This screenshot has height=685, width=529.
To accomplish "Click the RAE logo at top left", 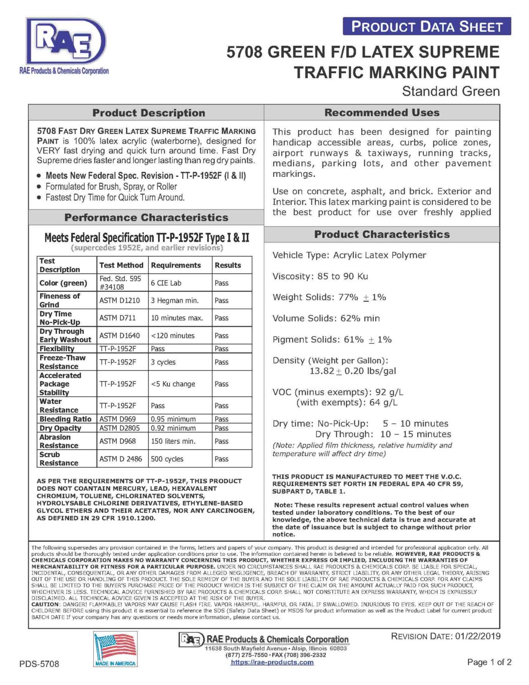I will [65, 43].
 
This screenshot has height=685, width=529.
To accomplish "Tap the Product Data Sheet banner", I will [426, 27].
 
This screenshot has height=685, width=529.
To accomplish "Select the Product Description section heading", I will [149, 113].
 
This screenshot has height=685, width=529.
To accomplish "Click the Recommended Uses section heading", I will [382, 112].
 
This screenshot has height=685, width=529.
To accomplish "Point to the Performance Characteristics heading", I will [146, 218].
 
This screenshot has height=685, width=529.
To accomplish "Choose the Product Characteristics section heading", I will [382, 234].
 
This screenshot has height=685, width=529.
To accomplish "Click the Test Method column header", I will [121, 265].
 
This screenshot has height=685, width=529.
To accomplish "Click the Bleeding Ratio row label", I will [65, 419].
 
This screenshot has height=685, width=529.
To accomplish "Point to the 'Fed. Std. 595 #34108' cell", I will [120, 283].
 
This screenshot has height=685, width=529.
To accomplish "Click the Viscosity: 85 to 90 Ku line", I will [320, 276].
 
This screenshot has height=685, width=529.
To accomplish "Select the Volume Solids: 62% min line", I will [326, 319].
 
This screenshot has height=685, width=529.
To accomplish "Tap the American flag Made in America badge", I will [115, 649].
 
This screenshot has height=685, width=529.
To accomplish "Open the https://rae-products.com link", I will [272, 662].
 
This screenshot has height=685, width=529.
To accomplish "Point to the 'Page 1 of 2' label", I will [489, 662].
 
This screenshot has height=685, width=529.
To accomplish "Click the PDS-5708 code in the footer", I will [39, 664].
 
